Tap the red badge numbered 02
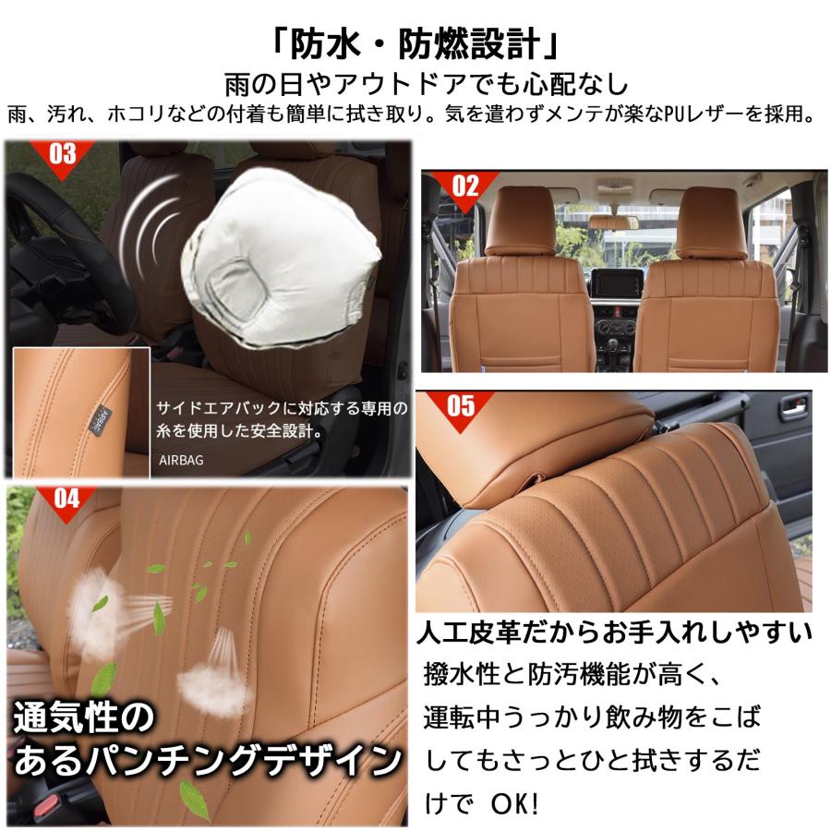(x=465, y=186)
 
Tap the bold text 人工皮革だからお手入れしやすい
(x=614, y=632)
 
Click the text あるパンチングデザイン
(x=209, y=763)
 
